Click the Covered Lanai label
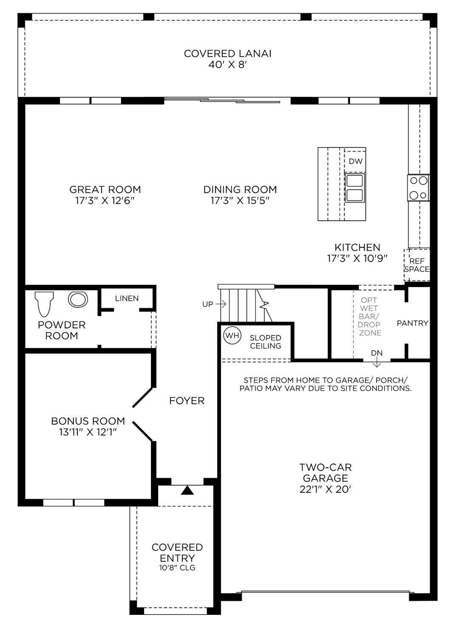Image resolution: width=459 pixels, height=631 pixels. coord(227,54)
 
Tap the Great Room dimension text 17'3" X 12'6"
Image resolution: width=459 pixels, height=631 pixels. coord(105,201)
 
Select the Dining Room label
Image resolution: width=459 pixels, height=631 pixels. coord(240,190)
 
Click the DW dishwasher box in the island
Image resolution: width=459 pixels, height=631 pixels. coord(355,162)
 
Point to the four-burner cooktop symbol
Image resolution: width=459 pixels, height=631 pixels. coord(418,188)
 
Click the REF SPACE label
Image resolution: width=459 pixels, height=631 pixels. coord(416,265)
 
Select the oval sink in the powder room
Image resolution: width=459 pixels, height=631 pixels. coord(78,299)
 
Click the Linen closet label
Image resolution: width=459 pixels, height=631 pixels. coord(127,298)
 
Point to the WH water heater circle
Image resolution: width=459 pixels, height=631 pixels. coord(232,335)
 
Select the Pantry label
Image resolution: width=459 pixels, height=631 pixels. coord(412,323)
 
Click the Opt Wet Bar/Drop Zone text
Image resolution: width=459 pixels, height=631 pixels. coord(368,316)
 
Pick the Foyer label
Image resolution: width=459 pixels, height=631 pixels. coord(187,401)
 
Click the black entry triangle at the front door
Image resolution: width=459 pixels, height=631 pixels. coord(187,490)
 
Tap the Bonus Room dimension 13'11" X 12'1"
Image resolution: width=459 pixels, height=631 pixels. coord(88,432)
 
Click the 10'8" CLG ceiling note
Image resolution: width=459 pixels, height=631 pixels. coord(177,568)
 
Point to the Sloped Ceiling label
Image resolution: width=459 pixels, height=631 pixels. coord(265,342)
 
